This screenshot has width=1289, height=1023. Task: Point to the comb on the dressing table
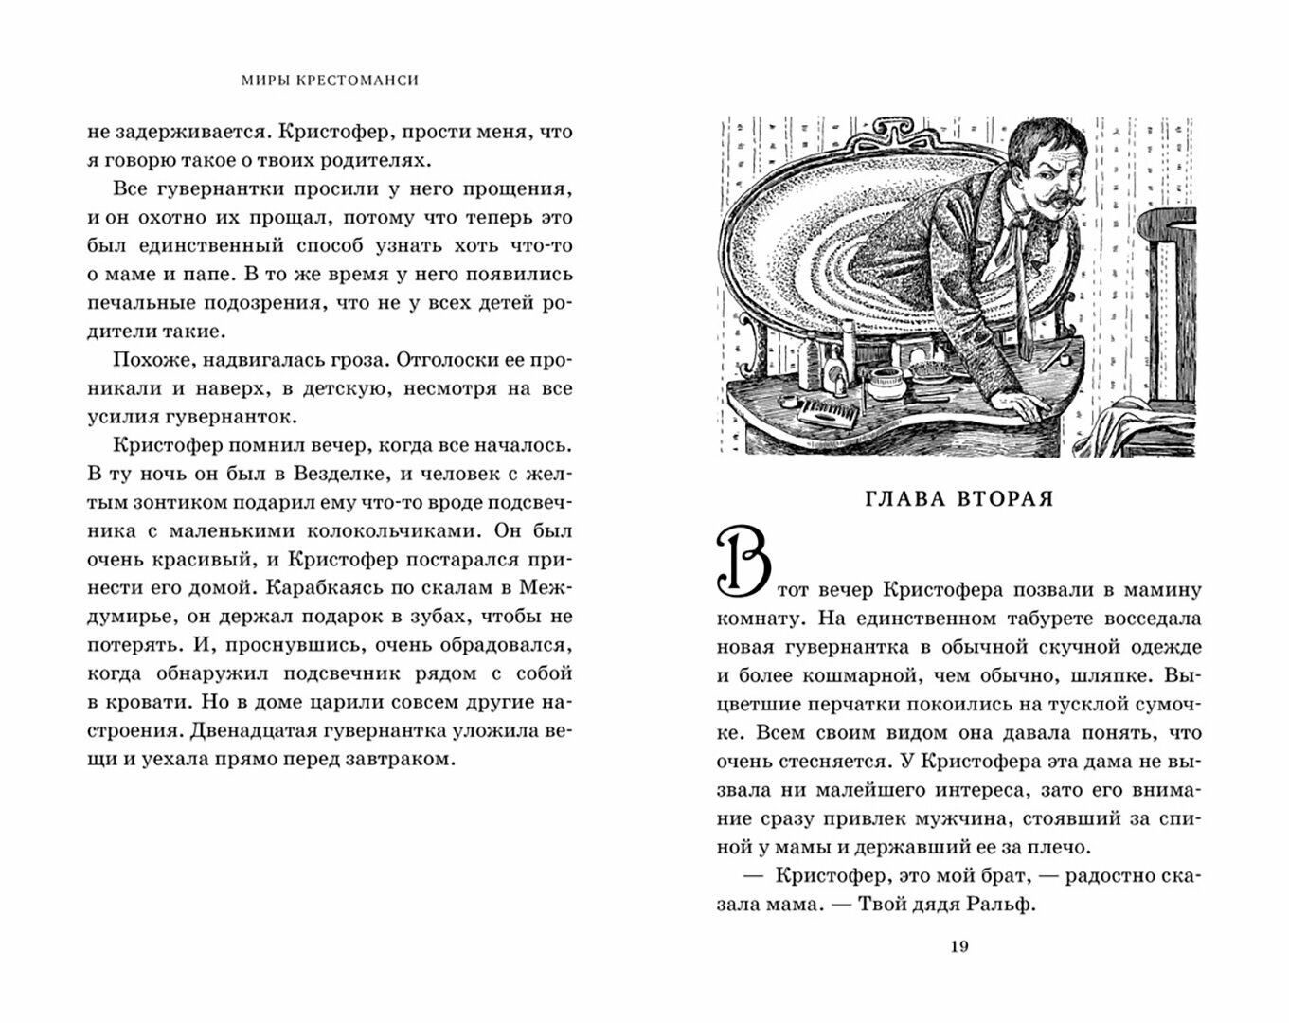(828, 414)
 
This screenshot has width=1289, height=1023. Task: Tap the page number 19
(958, 947)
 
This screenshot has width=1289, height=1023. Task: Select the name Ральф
(1006, 904)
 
